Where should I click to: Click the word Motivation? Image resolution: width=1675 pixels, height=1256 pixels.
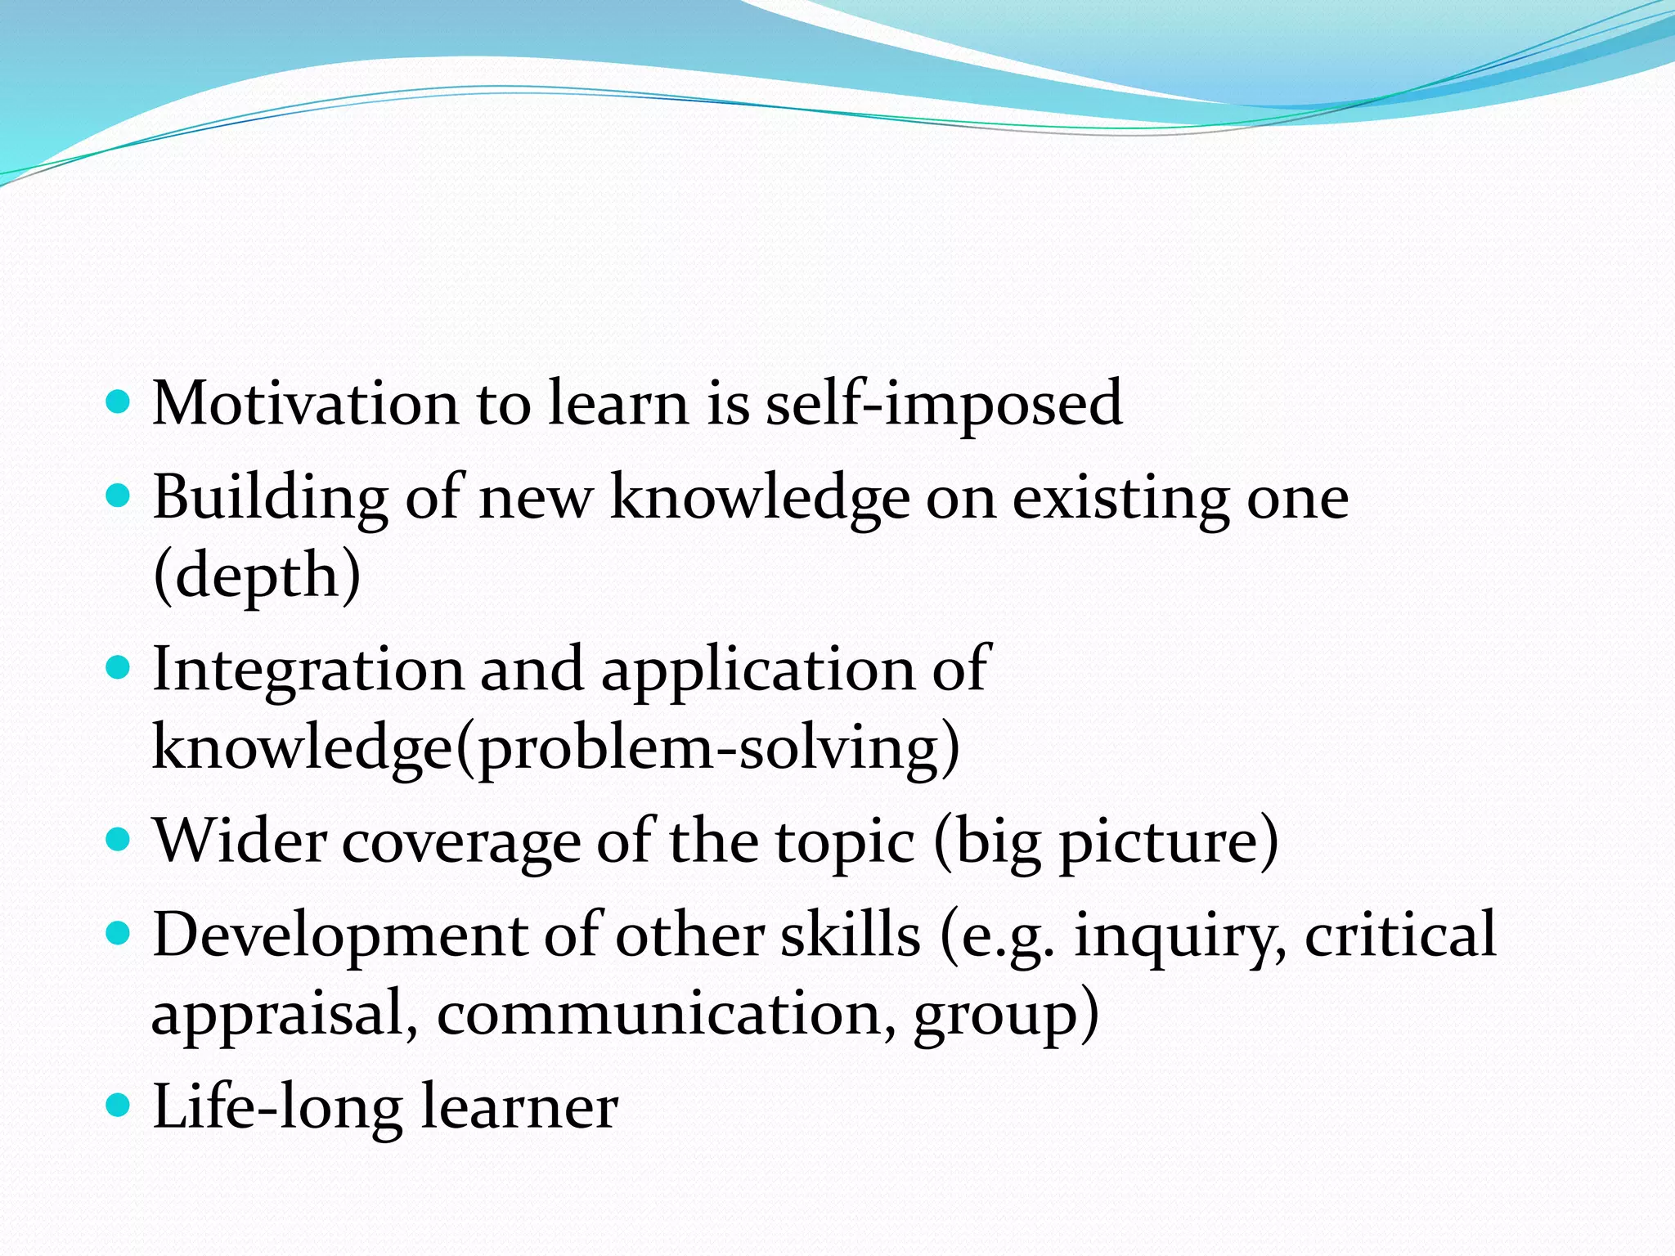click(x=305, y=403)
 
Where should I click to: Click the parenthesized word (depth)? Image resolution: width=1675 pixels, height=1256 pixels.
click(x=257, y=575)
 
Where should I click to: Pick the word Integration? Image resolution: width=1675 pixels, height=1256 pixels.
click(x=308, y=669)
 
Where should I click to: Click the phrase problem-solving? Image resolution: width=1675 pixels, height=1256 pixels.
click(x=708, y=747)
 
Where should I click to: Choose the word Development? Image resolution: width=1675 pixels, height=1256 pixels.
click(x=340, y=935)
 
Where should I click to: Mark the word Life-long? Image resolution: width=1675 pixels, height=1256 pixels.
click(x=277, y=1106)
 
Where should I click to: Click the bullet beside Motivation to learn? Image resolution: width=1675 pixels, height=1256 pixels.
click(x=119, y=402)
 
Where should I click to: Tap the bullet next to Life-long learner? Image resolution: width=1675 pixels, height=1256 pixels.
click(x=119, y=1106)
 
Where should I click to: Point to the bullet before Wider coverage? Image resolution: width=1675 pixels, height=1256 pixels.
click(x=119, y=840)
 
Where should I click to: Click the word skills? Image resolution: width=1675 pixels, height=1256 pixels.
click(x=851, y=935)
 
